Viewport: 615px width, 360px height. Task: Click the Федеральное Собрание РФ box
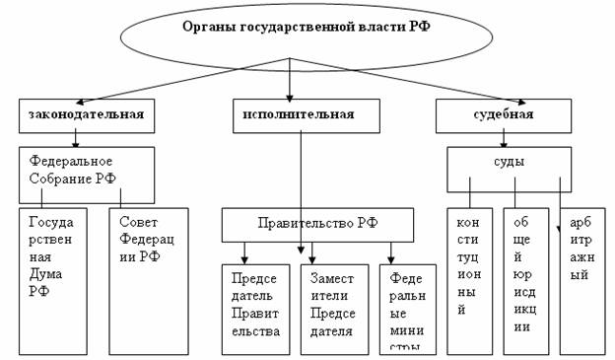point(87,174)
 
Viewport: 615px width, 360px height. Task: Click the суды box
point(510,168)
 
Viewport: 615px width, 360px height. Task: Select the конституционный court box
point(469,280)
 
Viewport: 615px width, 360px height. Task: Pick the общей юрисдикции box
point(525,280)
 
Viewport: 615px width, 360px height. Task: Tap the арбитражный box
point(583,280)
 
